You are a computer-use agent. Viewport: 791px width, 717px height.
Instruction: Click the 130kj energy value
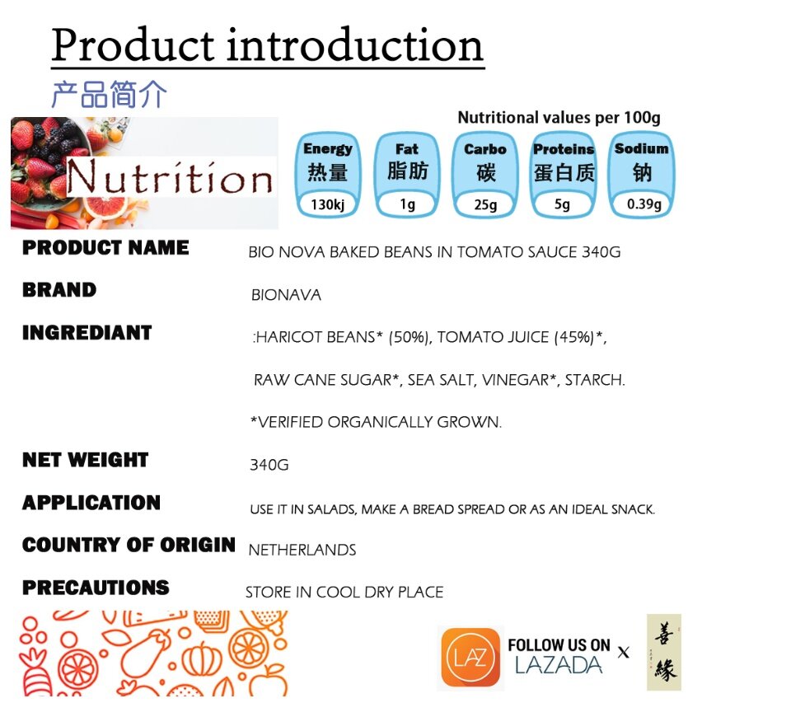(x=327, y=205)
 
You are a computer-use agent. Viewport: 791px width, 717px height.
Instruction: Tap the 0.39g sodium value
(x=644, y=204)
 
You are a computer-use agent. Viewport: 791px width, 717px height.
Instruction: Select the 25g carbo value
(x=485, y=205)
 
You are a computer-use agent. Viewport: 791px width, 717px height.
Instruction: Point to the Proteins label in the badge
(x=564, y=149)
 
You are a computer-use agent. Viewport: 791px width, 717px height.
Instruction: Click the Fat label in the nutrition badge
(x=406, y=149)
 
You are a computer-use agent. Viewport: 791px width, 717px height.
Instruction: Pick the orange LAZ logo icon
(x=470, y=657)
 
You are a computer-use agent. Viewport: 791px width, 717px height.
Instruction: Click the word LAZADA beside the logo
(x=559, y=665)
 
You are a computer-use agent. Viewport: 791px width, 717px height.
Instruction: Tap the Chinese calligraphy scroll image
(x=664, y=652)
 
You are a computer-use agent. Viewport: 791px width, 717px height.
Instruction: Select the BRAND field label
(x=59, y=290)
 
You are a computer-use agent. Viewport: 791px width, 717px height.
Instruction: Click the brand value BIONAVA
(x=286, y=295)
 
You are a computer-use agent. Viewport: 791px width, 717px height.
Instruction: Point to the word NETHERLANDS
(x=302, y=550)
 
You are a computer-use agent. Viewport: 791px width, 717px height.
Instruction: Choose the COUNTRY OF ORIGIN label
(x=129, y=545)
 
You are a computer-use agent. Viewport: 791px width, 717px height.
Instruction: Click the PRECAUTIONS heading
(x=96, y=588)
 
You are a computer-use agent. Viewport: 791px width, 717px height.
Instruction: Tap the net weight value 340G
(x=269, y=465)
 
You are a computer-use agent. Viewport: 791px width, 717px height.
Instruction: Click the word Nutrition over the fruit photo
(x=170, y=177)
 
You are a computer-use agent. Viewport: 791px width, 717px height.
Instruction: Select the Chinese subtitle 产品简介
(x=109, y=94)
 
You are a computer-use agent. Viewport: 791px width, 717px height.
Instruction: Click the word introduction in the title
(x=355, y=45)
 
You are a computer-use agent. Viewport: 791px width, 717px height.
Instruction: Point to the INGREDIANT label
(x=87, y=333)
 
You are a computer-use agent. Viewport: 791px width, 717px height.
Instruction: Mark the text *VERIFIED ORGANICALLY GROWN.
(x=377, y=422)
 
